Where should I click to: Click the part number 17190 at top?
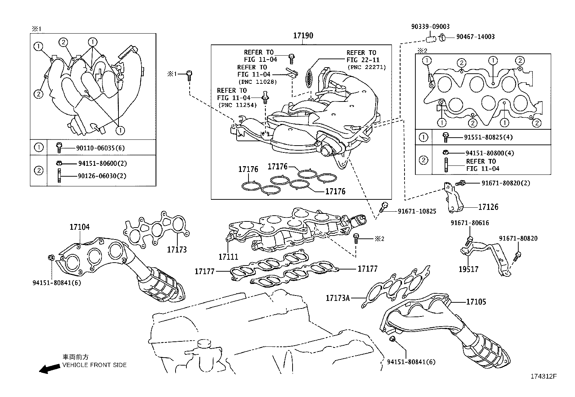pyautogui.click(x=303, y=36)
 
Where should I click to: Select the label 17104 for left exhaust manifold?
pyautogui.click(x=79, y=227)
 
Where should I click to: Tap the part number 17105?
pyautogui.click(x=476, y=302)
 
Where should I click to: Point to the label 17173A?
pyautogui.click(x=338, y=298)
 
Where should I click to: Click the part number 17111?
pyautogui.click(x=228, y=257)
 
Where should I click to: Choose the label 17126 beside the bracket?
pyautogui.click(x=488, y=207)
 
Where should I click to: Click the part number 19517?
pyautogui.click(x=468, y=269)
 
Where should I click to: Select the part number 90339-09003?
pyautogui.click(x=430, y=27)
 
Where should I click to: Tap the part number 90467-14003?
pyautogui.click(x=475, y=37)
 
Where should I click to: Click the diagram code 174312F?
pyautogui.click(x=544, y=376)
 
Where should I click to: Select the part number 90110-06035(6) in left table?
pyautogui.click(x=100, y=148)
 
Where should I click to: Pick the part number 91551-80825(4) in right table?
pyautogui.click(x=488, y=137)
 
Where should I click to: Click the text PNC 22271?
pyautogui.click(x=366, y=67)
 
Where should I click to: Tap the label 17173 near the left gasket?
pyautogui.click(x=177, y=250)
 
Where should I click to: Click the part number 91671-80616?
pyautogui.click(x=470, y=223)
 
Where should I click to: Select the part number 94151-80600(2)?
pyautogui.click(x=103, y=163)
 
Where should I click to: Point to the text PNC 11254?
pyautogui.click(x=237, y=105)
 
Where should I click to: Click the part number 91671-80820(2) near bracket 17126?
pyautogui.click(x=505, y=183)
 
